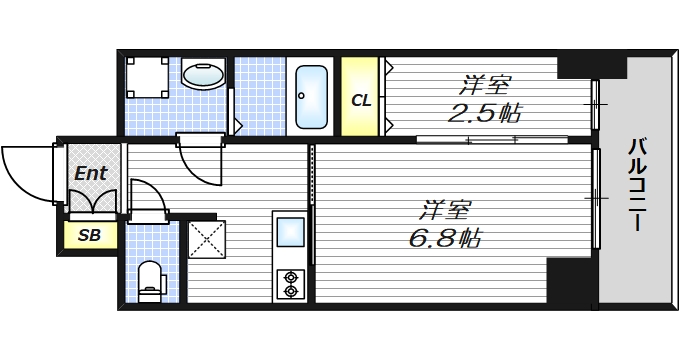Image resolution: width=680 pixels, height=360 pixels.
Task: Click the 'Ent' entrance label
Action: (x=91, y=173)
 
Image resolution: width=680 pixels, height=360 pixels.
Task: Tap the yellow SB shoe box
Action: (x=90, y=235)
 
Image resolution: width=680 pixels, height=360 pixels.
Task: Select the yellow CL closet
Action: (x=360, y=96)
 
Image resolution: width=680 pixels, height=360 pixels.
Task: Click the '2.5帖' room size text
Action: (x=484, y=114)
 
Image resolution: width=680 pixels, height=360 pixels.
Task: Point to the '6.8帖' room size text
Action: (x=445, y=238)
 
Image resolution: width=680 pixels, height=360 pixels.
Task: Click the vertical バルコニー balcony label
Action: (x=637, y=184)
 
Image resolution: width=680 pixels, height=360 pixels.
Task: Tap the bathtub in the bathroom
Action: (x=311, y=97)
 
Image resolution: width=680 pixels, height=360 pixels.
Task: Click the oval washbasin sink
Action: (x=203, y=75)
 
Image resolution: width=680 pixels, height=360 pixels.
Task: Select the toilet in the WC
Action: (x=151, y=281)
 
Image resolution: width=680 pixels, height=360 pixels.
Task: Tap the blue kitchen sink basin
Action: (x=291, y=232)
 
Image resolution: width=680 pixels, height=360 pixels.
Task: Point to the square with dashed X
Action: (x=206, y=239)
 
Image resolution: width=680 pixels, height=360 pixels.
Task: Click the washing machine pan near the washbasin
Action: (x=147, y=78)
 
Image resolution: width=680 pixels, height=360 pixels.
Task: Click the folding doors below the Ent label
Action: (x=92, y=202)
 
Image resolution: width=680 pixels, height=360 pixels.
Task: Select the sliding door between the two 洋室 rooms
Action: (x=492, y=140)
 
